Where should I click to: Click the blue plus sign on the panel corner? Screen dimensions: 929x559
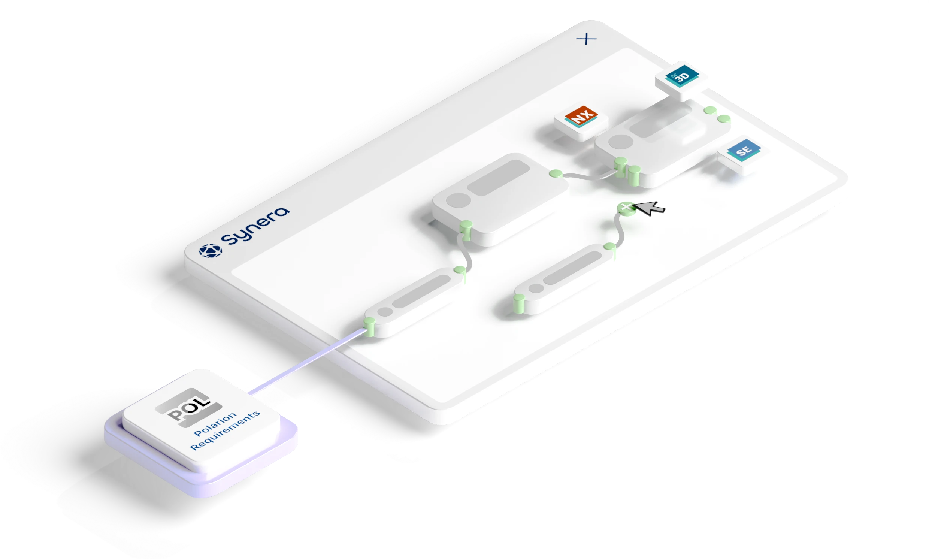coord(586,39)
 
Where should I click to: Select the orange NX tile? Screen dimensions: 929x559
coord(581,116)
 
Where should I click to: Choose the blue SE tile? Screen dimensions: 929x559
coord(743,151)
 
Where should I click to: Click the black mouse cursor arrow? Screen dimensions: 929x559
coord(651,208)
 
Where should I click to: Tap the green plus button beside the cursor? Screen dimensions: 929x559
coord(626,207)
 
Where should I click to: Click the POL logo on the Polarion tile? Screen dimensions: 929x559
coord(188,408)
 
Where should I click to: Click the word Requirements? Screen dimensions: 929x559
coord(225,431)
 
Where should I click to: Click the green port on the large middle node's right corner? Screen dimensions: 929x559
coord(556,173)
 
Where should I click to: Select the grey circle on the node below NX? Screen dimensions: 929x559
coord(621,142)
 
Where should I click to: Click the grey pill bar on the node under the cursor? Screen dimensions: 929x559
coord(572,268)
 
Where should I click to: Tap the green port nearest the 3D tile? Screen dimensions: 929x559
coord(710,111)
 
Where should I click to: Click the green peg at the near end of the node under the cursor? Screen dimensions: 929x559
coord(519,300)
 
